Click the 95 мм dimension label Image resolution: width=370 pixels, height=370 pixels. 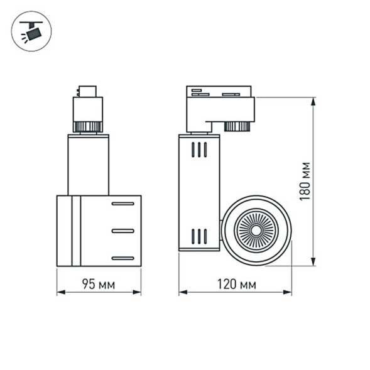99,284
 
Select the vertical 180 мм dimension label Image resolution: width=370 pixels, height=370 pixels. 305,182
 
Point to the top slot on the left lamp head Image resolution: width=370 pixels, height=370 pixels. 122,204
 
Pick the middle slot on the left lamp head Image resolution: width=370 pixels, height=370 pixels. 122,231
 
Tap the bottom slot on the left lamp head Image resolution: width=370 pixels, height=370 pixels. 122,258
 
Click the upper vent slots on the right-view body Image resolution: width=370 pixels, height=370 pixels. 199,150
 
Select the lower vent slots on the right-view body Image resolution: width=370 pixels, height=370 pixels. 199,236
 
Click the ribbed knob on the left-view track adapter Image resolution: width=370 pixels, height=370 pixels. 87,126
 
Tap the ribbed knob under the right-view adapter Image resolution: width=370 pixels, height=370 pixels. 237,126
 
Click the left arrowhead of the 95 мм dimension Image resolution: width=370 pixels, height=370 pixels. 59,292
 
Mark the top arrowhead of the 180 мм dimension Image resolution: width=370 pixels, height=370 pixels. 313,100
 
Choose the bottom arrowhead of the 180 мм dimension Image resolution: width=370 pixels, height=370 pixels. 313,263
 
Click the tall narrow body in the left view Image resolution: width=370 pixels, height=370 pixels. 88,165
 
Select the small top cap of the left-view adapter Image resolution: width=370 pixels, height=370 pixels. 85,90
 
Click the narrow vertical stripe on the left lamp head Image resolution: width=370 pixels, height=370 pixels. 76,231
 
